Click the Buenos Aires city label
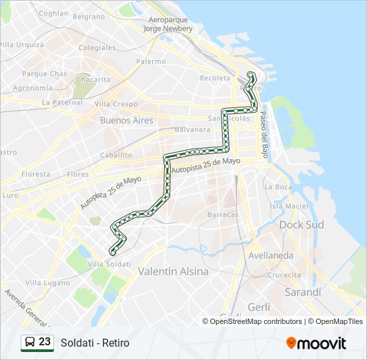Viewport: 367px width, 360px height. pyautogui.click(x=126, y=121)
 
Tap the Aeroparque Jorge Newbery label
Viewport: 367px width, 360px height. pyautogui.click(x=168, y=25)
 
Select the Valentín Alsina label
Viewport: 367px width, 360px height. pyautogui.click(x=173, y=271)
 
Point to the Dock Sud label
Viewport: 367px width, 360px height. pyautogui.click(x=301, y=225)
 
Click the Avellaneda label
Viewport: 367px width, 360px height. pyautogui.click(x=270, y=255)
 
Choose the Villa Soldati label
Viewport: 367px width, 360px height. pyautogui.click(x=109, y=264)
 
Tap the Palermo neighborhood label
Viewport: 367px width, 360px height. pyautogui.click(x=150, y=61)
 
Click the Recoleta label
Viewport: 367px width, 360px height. pyautogui.click(x=215, y=78)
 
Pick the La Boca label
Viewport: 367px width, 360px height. pyautogui.click(x=278, y=187)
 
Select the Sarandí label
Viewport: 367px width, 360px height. pyautogui.click(x=303, y=292)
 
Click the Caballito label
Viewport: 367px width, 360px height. pyautogui.click(x=115, y=154)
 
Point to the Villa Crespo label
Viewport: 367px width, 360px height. pyautogui.click(x=115, y=104)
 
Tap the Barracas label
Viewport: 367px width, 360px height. pyautogui.click(x=223, y=215)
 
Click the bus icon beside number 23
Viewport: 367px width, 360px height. pyautogui.click(x=30, y=342)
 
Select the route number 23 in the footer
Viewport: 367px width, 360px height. pyautogui.click(x=45, y=342)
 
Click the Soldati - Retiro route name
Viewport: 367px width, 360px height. pyautogui.click(x=95, y=343)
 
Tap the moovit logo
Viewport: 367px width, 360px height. pyautogui.click(x=316, y=343)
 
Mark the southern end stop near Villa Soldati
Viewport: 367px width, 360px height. pyautogui.click(x=112, y=251)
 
